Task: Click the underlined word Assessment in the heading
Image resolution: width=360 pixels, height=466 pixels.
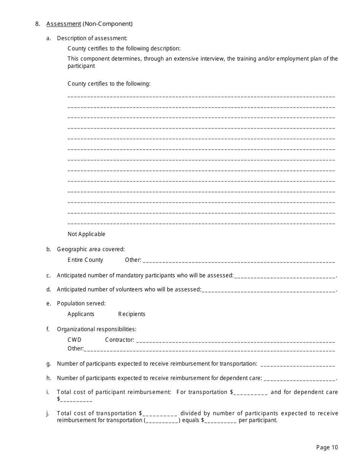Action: pyautogui.click(x=64, y=24)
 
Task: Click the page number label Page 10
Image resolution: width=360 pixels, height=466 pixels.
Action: pyautogui.click(x=327, y=447)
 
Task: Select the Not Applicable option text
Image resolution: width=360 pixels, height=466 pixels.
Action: pyautogui.click(x=86, y=234)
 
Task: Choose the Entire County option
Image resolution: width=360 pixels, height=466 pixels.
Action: pyautogui.click(x=85, y=260)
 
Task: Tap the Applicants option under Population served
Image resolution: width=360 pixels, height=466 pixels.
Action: pyautogui.click(x=81, y=314)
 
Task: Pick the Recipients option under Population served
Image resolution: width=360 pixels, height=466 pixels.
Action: pyautogui.click(x=131, y=314)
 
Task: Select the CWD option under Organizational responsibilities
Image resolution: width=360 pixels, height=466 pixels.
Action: pyautogui.click(x=74, y=340)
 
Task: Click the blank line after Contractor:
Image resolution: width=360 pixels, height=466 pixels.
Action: pyautogui.click(x=235, y=341)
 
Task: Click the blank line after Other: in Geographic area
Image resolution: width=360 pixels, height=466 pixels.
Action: pyautogui.click(x=239, y=261)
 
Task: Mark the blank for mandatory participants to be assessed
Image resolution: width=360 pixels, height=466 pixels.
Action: pyautogui.click(x=285, y=276)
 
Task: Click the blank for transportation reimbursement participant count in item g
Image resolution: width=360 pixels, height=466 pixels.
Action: pyautogui.click(x=298, y=364)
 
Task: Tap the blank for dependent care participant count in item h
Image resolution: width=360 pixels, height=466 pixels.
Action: pyautogui.click(x=299, y=379)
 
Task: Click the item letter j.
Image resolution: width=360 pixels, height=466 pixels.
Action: pyautogui.click(x=48, y=413)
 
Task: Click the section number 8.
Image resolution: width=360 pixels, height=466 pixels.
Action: pyautogui.click(x=37, y=24)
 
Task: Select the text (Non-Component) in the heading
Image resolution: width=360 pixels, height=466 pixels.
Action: pyautogui.click(x=108, y=24)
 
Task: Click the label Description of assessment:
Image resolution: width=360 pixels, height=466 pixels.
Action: pyautogui.click(x=92, y=38)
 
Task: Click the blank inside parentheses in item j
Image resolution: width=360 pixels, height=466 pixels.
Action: pyautogui.click(x=162, y=421)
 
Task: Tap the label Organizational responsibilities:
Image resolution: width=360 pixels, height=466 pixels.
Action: pyautogui.click(x=97, y=329)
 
